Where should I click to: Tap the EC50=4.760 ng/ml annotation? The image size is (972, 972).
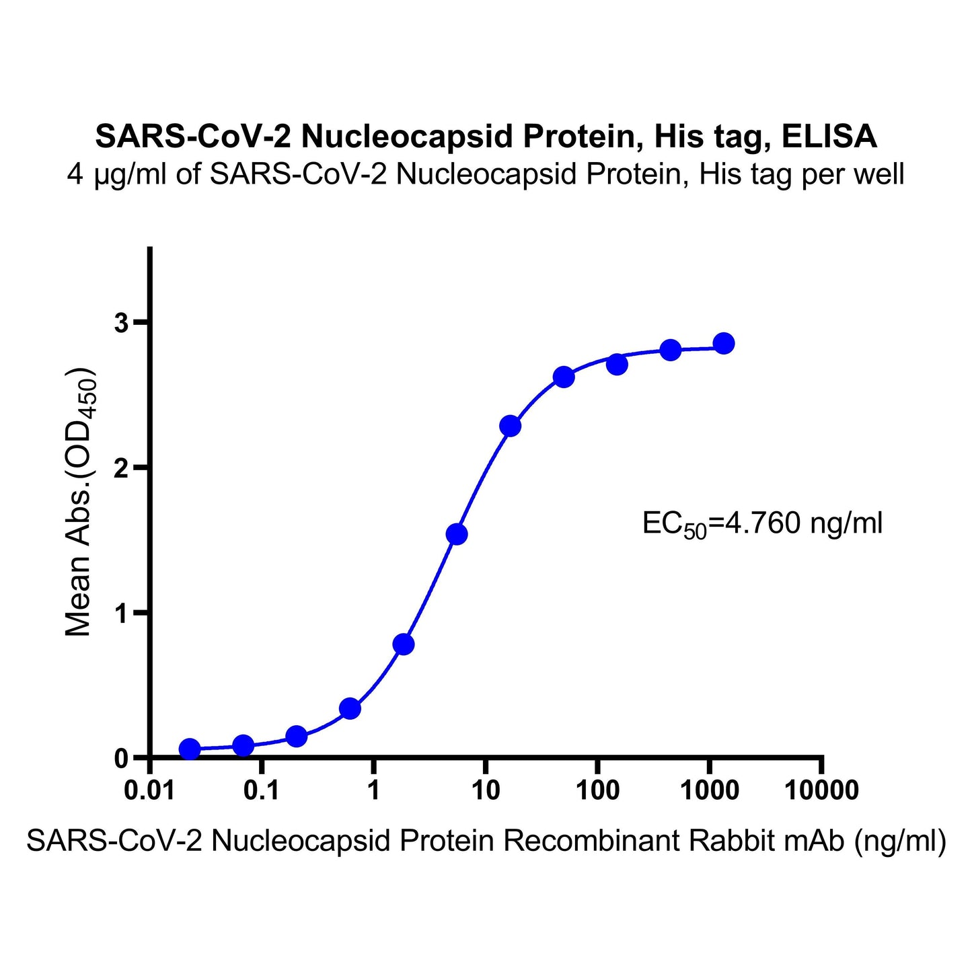pyautogui.click(x=762, y=523)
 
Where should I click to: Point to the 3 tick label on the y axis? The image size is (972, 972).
pyautogui.click(x=121, y=323)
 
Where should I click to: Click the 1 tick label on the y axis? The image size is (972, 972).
pyautogui.click(x=121, y=613)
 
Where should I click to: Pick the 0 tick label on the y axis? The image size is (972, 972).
pyautogui.click(x=121, y=758)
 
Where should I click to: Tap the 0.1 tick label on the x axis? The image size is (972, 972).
pyautogui.click(x=262, y=790)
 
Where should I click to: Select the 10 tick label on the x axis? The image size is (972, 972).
pyautogui.click(x=485, y=790)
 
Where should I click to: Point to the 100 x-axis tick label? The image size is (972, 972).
pyautogui.click(x=597, y=790)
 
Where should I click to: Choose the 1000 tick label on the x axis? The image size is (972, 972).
pyautogui.click(x=709, y=790)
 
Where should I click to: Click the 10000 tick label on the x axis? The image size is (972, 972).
pyautogui.click(x=821, y=790)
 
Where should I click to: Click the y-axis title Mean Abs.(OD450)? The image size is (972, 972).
pyautogui.click(x=79, y=502)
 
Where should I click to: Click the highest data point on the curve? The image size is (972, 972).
pyautogui.click(x=723, y=343)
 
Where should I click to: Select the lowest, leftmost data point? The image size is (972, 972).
pyautogui.click(x=190, y=749)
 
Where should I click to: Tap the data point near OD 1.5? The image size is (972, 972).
pyautogui.click(x=457, y=534)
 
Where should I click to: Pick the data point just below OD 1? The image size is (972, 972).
pyautogui.click(x=404, y=644)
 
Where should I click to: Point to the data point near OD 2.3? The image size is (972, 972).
pyautogui.click(x=511, y=426)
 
